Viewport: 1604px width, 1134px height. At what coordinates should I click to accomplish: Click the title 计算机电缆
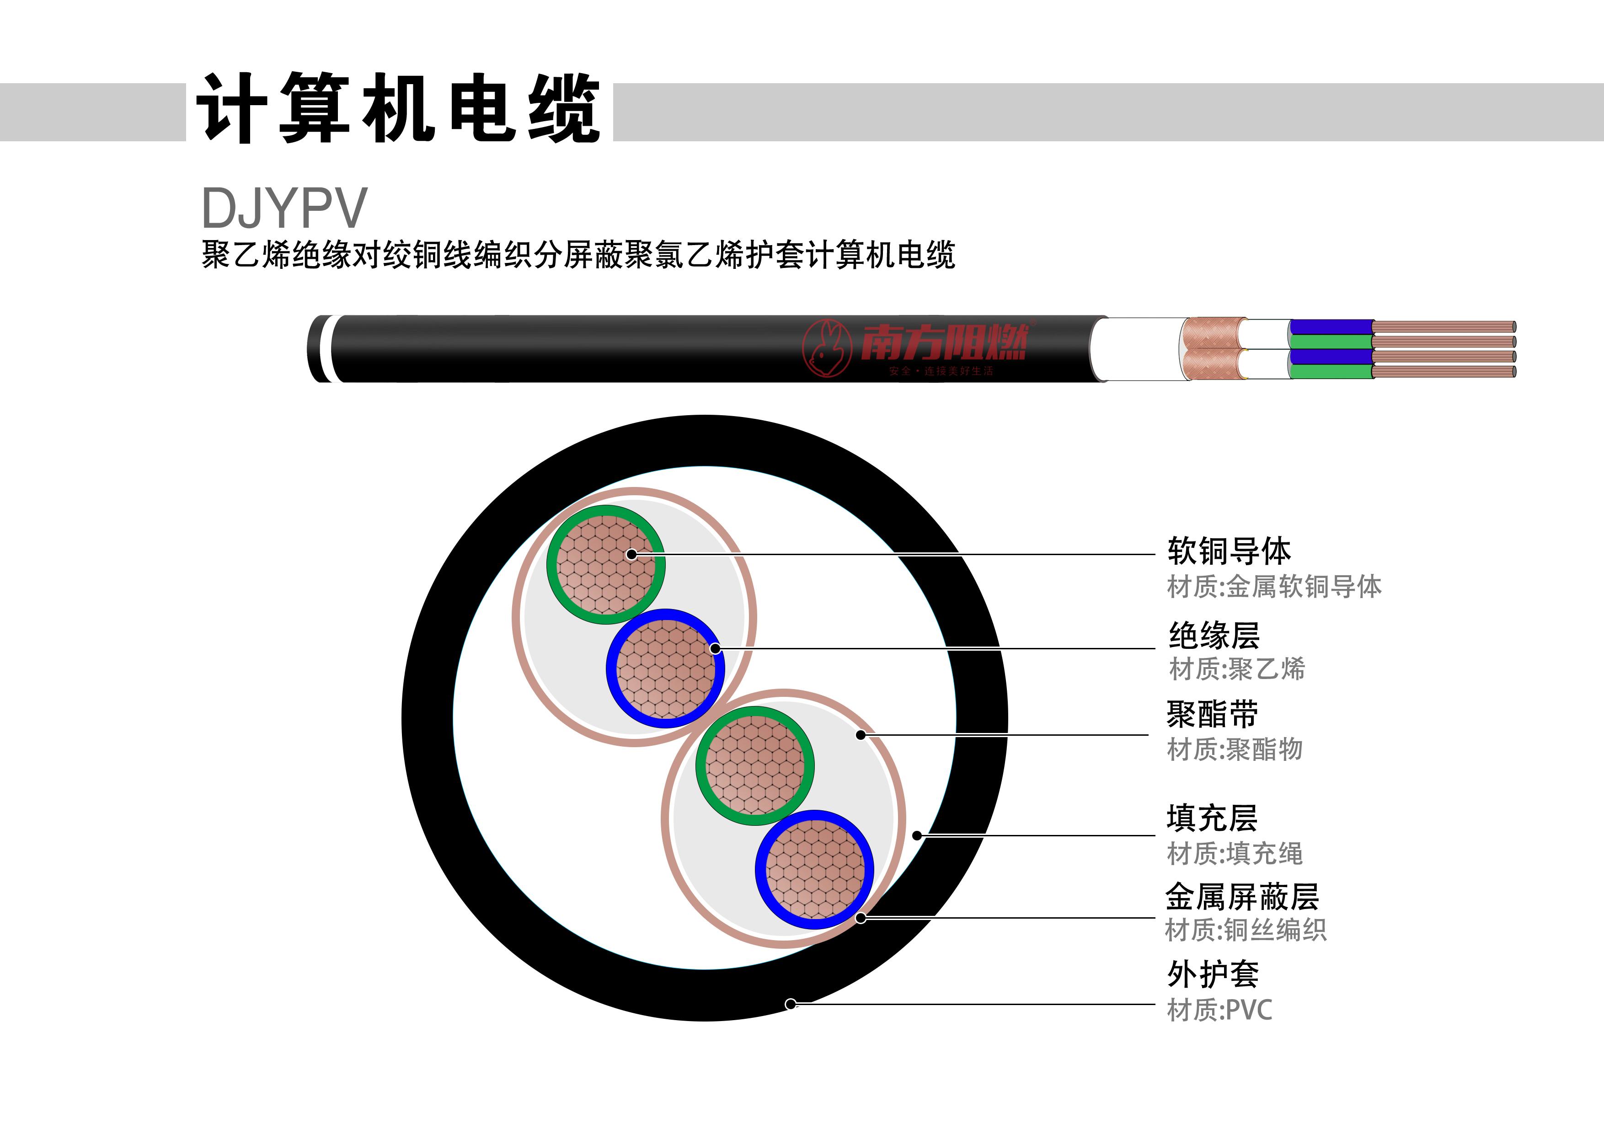click(398, 109)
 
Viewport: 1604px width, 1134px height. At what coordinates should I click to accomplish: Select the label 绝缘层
click(1214, 635)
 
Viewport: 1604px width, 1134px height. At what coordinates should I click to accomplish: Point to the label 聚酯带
click(1212, 714)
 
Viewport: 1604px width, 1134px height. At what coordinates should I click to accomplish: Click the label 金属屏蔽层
click(1241, 896)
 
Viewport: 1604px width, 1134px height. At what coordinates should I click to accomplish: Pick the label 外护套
click(1213, 974)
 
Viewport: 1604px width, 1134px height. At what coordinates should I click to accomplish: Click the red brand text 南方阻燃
click(943, 342)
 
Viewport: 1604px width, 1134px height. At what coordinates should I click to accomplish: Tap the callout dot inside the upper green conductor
click(631, 554)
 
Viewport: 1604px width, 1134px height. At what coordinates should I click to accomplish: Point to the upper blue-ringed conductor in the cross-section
click(666, 669)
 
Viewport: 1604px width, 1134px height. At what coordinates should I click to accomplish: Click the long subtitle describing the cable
click(578, 254)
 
